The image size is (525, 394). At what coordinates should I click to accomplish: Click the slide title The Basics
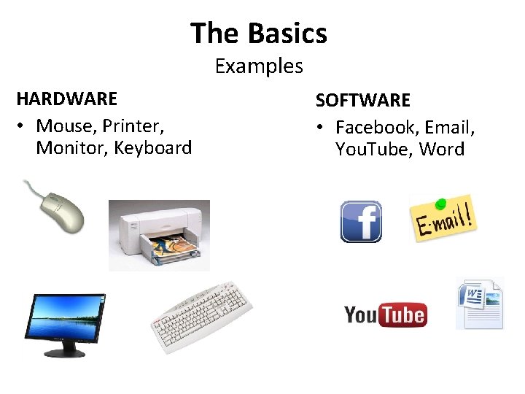(259, 34)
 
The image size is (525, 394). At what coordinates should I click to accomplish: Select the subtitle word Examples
(259, 66)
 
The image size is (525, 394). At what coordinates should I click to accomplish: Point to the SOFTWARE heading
(362, 100)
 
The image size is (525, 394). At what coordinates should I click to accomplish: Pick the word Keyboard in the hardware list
(153, 148)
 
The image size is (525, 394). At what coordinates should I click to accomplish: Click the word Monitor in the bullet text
(70, 148)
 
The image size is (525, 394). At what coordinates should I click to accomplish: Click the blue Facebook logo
(361, 222)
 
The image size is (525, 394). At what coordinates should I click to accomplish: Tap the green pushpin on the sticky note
(440, 201)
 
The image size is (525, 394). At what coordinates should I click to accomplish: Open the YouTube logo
(385, 314)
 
